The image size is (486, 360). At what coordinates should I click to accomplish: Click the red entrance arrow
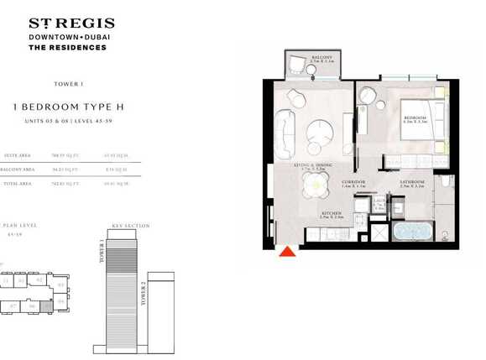287,251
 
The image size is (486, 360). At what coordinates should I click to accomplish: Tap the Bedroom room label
416,117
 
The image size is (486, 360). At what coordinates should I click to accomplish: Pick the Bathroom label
411,181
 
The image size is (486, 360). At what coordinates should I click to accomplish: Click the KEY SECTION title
130,226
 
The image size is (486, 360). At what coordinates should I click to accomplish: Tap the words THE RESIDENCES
68,48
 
